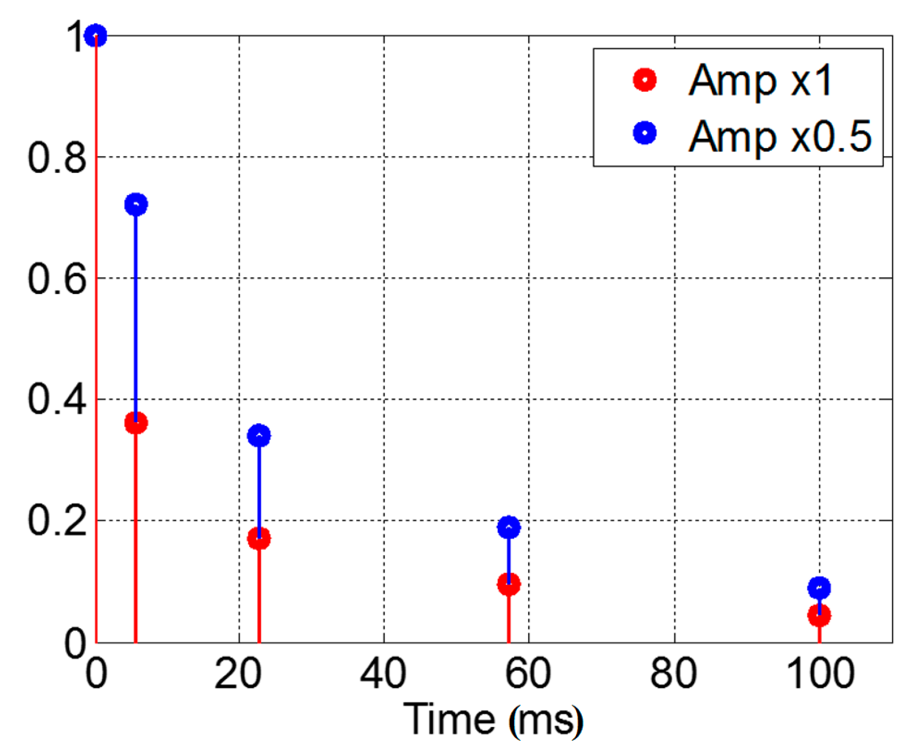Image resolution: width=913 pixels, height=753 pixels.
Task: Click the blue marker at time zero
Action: pyautogui.click(x=96, y=35)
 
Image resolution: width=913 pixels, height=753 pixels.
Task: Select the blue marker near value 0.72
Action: pyautogui.click(x=136, y=204)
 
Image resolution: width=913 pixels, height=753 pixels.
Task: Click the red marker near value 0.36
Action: pyautogui.click(x=136, y=423)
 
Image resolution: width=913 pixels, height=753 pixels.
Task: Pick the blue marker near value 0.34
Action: pyautogui.click(x=259, y=436)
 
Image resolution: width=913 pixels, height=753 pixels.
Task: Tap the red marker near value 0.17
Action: pyautogui.click(x=259, y=538)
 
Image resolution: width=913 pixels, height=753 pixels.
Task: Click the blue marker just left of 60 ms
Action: pyautogui.click(x=509, y=527)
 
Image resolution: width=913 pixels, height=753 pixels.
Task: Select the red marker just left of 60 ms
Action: pyautogui.click(x=509, y=584)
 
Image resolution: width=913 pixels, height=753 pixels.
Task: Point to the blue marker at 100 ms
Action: pyautogui.click(x=819, y=588)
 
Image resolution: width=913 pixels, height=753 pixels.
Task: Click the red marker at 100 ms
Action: pyautogui.click(x=819, y=615)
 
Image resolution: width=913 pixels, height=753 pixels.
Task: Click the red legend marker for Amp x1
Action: pyautogui.click(x=645, y=80)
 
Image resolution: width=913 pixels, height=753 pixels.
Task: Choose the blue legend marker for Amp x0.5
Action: pyautogui.click(x=645, y=133)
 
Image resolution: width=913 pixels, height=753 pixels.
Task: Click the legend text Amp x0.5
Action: pyautogui.click(x=779, y=136)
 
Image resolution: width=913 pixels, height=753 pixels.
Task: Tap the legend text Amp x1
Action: pyautogui.click(x=760, y=81)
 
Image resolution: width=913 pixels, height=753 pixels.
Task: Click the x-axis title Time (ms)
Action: pyautogui.click(x=493, y=720)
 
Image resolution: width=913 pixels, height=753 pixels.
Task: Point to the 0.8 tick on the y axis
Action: pyautogui.click(x=57, y=157)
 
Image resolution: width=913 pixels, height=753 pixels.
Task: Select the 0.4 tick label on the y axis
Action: pyautogui.click(x=57, y=399)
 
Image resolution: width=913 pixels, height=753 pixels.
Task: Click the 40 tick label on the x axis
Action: pyautogui.click(x=383, y=674)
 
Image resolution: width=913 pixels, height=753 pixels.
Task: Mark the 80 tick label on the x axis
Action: pyautogui.click(x=673, y=674)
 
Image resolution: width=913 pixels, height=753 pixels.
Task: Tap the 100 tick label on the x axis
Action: pyautogui.click(x=820, y=674)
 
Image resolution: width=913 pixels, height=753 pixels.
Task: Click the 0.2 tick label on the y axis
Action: pyautogui.click(x=57, y=520)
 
